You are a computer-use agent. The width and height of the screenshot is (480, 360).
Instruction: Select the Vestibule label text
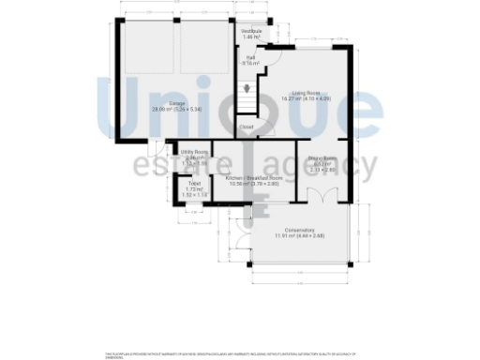tap(250, 31)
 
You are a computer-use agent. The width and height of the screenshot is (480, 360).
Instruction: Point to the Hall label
tap(251, 57)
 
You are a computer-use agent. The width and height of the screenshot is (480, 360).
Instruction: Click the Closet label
tap(246, 127)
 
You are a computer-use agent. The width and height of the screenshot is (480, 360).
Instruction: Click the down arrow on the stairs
tap(246, 90)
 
